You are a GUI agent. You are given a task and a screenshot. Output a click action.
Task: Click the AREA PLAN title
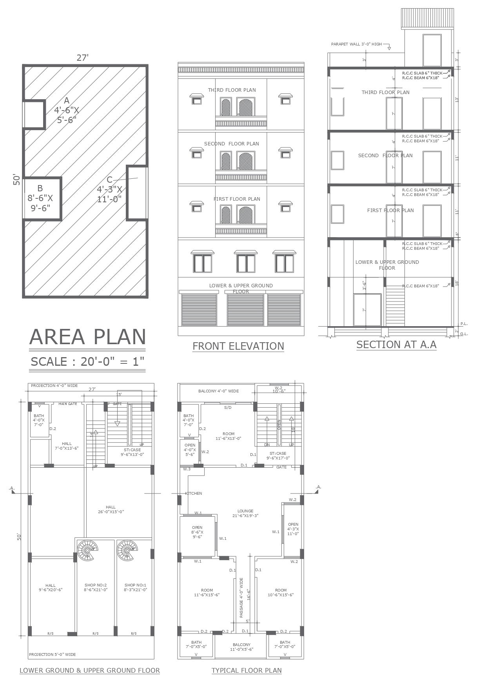87,337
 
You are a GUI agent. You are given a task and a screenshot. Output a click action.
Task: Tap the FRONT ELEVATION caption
238,346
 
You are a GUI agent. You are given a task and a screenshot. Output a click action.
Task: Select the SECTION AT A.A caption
396,345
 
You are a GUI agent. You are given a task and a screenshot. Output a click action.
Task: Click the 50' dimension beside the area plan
17,180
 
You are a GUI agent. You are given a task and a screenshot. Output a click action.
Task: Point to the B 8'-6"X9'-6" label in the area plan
40,198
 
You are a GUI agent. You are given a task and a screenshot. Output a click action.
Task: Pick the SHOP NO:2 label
96,587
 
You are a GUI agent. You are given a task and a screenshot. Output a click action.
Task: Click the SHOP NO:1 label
135,587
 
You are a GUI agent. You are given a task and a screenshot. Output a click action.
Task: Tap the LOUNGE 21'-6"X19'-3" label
245,513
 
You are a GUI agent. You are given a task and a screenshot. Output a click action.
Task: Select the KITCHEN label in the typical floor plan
194,493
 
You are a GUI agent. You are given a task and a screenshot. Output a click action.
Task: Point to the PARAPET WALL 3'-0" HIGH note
356,44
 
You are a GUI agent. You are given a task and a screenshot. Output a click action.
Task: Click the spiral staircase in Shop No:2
87,550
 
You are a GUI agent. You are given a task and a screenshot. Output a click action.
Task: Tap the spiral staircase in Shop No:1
127,550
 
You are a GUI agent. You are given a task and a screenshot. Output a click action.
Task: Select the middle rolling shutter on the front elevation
245,310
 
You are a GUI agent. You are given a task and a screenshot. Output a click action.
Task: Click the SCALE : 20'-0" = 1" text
87,361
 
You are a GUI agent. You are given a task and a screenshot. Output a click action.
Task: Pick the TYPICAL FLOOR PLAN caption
247,670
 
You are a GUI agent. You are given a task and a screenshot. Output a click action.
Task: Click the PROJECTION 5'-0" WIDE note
53,654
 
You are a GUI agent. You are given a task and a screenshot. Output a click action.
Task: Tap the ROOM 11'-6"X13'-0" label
228,436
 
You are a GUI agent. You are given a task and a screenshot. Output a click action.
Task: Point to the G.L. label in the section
464,334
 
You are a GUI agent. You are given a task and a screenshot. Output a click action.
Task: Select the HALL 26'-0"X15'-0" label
111,509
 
